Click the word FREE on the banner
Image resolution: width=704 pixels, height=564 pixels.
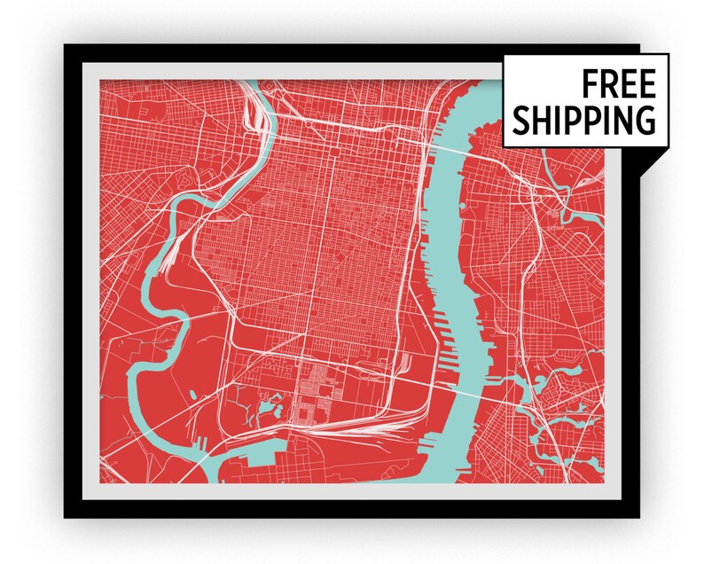(619, 84)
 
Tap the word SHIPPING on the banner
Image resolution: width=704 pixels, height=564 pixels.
(583, 119)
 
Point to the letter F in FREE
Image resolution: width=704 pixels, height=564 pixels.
(591, 84)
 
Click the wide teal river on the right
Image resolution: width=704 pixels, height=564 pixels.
(461, 293)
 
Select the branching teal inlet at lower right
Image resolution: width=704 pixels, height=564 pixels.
(541, 399)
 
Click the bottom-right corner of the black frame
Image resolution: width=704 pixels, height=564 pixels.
(638, 517)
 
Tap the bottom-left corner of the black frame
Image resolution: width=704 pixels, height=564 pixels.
(66, 517)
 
